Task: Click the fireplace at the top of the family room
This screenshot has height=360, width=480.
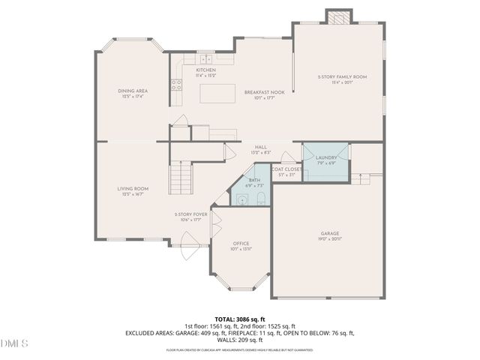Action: [337, 16]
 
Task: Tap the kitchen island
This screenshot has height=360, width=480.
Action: [217, 92]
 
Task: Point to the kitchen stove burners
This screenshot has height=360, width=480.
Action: [177, 85]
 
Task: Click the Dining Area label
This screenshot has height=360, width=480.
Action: [132, 91]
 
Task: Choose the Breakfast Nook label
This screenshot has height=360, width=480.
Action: [260, 92]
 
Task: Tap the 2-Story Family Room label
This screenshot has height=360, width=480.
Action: [341, 77]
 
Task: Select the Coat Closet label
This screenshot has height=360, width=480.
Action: [287, 169]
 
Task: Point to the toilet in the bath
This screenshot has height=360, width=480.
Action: [259, 199]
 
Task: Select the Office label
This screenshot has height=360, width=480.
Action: [241, 244]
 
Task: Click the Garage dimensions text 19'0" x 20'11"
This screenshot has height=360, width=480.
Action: [330, 238]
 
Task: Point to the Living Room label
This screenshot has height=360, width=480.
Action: [132, 189]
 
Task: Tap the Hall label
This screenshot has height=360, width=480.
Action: [261, 147]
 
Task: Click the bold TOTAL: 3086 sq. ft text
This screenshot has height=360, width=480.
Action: [240, 319]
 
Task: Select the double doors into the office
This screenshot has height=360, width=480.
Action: [215, 223]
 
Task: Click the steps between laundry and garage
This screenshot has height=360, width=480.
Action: [366, 178]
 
